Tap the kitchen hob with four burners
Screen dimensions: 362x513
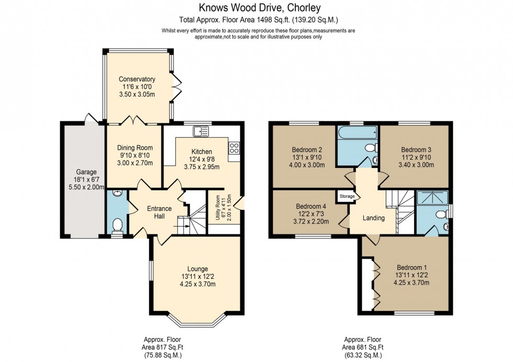(x=235, y=148)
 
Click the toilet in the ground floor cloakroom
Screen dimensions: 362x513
(x=117, y=225)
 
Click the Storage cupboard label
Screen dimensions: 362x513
(x=347, y=197)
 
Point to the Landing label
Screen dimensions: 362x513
(x=374, y=218)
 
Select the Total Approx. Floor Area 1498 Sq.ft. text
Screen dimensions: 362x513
(x=259, y=20)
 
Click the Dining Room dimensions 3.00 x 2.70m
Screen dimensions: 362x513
(x=135, y=163)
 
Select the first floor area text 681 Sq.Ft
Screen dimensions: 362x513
(x=363, y=347)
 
